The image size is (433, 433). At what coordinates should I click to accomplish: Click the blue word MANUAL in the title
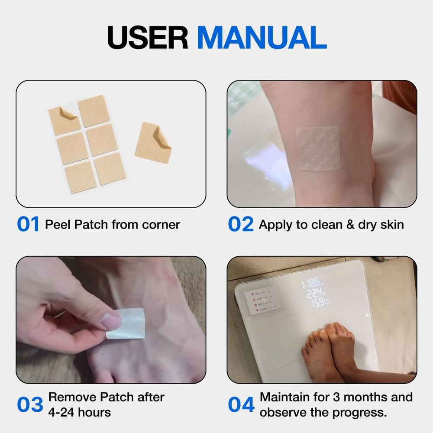[261, 38]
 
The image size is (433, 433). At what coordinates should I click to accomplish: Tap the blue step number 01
[28, 225]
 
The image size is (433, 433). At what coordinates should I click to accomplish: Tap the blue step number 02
[240, 225]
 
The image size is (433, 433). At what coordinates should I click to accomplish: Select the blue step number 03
[30, 404]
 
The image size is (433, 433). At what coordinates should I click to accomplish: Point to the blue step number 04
[241, 404]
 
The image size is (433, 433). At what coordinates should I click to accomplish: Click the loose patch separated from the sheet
[153, 143]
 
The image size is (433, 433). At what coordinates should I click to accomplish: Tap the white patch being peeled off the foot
[126, 323]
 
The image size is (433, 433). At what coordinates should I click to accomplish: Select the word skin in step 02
[391, 225]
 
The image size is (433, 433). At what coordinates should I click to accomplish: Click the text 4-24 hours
[80, 412]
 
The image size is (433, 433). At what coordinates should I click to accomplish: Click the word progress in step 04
[362, 412]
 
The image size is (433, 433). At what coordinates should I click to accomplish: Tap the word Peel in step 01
[58, 225]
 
